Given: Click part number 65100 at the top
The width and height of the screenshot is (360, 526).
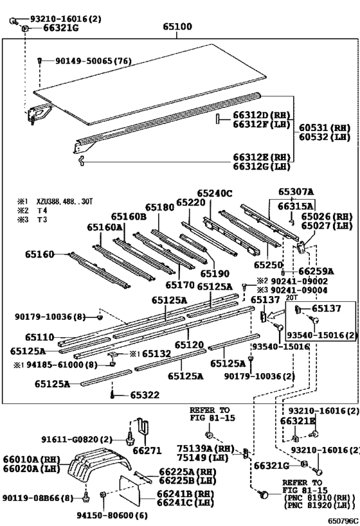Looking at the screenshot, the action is click(x=177, y=26).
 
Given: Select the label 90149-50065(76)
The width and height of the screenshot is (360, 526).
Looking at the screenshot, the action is click(x=93, y=61).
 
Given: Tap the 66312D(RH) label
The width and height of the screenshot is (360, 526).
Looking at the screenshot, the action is click(x=262, y=115).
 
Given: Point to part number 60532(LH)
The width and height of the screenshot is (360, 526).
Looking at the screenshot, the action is click(x=325, y=137).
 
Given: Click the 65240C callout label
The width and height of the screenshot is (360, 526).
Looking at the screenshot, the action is click(x=215, y=193).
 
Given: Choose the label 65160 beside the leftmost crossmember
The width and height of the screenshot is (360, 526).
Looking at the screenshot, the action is click(x=39, y=254).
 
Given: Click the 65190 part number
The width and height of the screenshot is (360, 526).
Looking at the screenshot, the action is click(x=215, y=274).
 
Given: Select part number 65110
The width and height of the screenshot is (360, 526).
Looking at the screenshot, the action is click(x=39, y=337).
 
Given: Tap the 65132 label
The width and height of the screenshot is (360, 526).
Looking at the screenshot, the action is click(x=156, y=354).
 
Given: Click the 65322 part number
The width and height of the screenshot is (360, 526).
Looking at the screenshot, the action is click(x=145, y=395).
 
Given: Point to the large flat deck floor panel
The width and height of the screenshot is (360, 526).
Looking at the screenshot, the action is click(x=150, y=85).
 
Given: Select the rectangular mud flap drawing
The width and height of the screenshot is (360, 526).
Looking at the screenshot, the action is click(x=130, y=491).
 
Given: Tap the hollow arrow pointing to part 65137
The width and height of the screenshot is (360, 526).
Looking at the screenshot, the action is click(x=277, y=314).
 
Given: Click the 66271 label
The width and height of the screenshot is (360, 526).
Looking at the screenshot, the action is click(x=147, y=450).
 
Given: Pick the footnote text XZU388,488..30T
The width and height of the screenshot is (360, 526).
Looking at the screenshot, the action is click(x=64, y=202).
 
